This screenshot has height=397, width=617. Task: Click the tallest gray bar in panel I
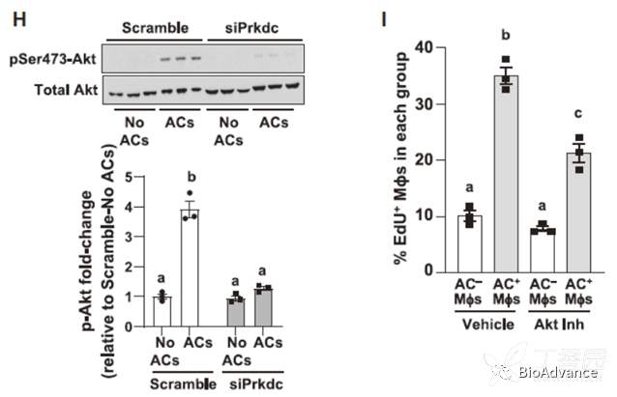[x=505, y=174]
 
